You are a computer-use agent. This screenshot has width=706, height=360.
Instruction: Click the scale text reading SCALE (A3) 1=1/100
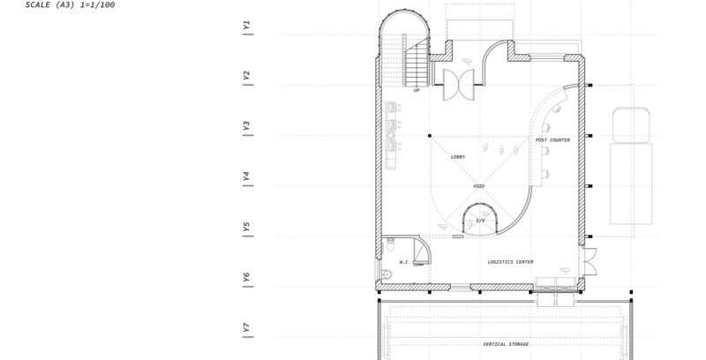[71, 5]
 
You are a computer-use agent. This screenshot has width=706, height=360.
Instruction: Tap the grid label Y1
[246, 26]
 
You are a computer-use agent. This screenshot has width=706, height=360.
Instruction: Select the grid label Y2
[246, 76]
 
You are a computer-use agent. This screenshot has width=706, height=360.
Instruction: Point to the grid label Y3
[246, 126]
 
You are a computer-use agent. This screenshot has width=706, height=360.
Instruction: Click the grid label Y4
[246, 176]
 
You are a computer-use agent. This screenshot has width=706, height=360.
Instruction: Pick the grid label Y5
[246, 227]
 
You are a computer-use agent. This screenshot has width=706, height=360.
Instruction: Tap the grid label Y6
[246, 277]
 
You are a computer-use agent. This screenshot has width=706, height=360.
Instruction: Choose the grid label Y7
[246, 327]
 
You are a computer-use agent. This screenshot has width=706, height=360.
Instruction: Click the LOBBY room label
[458, 157]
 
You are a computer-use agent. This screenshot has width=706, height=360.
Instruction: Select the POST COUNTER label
[552, 140]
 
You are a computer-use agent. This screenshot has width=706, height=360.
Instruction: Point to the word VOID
[478, 186]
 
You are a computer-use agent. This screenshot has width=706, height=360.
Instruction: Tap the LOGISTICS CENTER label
[511, 262]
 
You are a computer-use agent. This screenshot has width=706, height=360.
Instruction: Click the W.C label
[404, 262]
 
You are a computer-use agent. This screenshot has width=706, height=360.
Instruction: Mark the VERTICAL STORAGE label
[506, 344]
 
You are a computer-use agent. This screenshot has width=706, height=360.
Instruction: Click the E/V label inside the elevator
[481, 221]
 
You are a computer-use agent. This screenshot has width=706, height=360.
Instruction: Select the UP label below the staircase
[417, 91]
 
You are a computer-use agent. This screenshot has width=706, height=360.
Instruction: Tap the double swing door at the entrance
[459, 85]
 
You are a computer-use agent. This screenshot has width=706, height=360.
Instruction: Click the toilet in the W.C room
[390, 245]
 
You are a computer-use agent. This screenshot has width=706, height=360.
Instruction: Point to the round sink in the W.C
[387, 274]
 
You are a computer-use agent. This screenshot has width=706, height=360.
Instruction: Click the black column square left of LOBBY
[430, 136]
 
